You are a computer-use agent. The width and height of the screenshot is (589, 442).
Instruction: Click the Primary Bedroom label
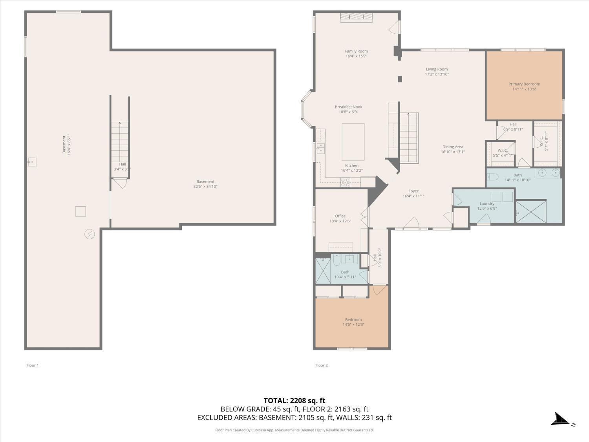[524, 84]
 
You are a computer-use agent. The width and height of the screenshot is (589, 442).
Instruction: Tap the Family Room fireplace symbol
[356, 17]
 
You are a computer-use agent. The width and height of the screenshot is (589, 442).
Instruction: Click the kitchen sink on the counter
[321, 148]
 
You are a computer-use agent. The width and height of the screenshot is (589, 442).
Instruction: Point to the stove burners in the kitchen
[345, 182]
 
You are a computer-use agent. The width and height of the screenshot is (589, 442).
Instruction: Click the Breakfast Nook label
[348, 107]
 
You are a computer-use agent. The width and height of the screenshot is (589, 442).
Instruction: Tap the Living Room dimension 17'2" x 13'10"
[437, 74]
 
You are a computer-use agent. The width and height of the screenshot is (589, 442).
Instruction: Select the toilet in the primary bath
[492, 176]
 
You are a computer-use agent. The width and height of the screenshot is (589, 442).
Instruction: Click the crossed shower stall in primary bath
[530, 212]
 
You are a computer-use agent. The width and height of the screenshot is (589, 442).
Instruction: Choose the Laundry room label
[487, 204]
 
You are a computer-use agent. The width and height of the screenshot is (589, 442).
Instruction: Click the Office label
[340, 216]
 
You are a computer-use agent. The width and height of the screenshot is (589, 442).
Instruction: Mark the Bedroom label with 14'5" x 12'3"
[353, 322]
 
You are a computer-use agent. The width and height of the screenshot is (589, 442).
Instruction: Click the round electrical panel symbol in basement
[90, 234]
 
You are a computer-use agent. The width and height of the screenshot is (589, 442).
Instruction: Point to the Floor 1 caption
[33, 365]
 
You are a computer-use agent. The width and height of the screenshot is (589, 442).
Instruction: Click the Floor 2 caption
[321, 365]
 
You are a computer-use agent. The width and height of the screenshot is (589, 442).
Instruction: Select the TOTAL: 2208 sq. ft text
[294, 401]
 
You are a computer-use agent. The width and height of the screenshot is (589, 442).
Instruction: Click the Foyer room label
[413, 191]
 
